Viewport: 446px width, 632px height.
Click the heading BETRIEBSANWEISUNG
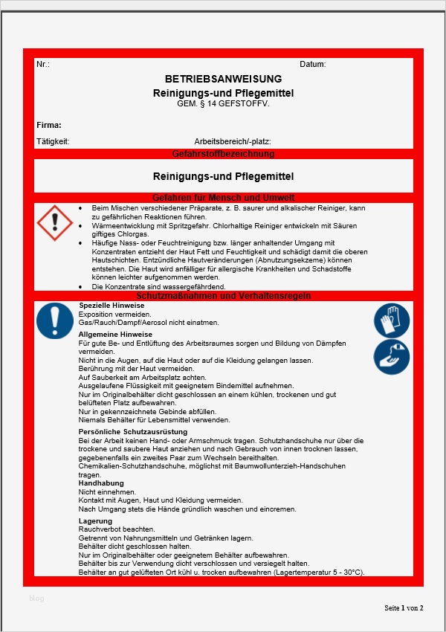[x=223, y=79]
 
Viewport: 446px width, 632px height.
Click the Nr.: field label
[x=42, y=65]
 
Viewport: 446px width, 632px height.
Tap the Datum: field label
[x=312, y=65]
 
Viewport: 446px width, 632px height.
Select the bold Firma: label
[x=48, y=125]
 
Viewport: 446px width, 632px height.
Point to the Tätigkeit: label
[x=52, y=141]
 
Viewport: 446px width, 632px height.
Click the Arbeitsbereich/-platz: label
[x=232, y=141]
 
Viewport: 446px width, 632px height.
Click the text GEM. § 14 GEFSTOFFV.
[x=223, y=104]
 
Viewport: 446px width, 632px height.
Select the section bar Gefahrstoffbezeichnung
[x=223, y=154]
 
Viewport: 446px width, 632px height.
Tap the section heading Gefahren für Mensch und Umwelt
[x=223, y=198]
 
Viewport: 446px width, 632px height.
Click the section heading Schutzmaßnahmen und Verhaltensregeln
[x=223, y=296]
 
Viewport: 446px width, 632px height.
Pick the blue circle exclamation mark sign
[x=54, y=321]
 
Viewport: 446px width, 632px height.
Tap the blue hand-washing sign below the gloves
[x=391, y=357]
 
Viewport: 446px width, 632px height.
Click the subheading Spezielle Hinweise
[x=111, y=306]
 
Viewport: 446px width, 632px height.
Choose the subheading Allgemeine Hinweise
[x=115, y=335]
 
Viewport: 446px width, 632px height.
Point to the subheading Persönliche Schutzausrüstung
[x=133, y=432]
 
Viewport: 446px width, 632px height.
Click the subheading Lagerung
[x=95, y=521]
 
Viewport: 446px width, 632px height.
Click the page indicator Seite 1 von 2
[x=404, y=608]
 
